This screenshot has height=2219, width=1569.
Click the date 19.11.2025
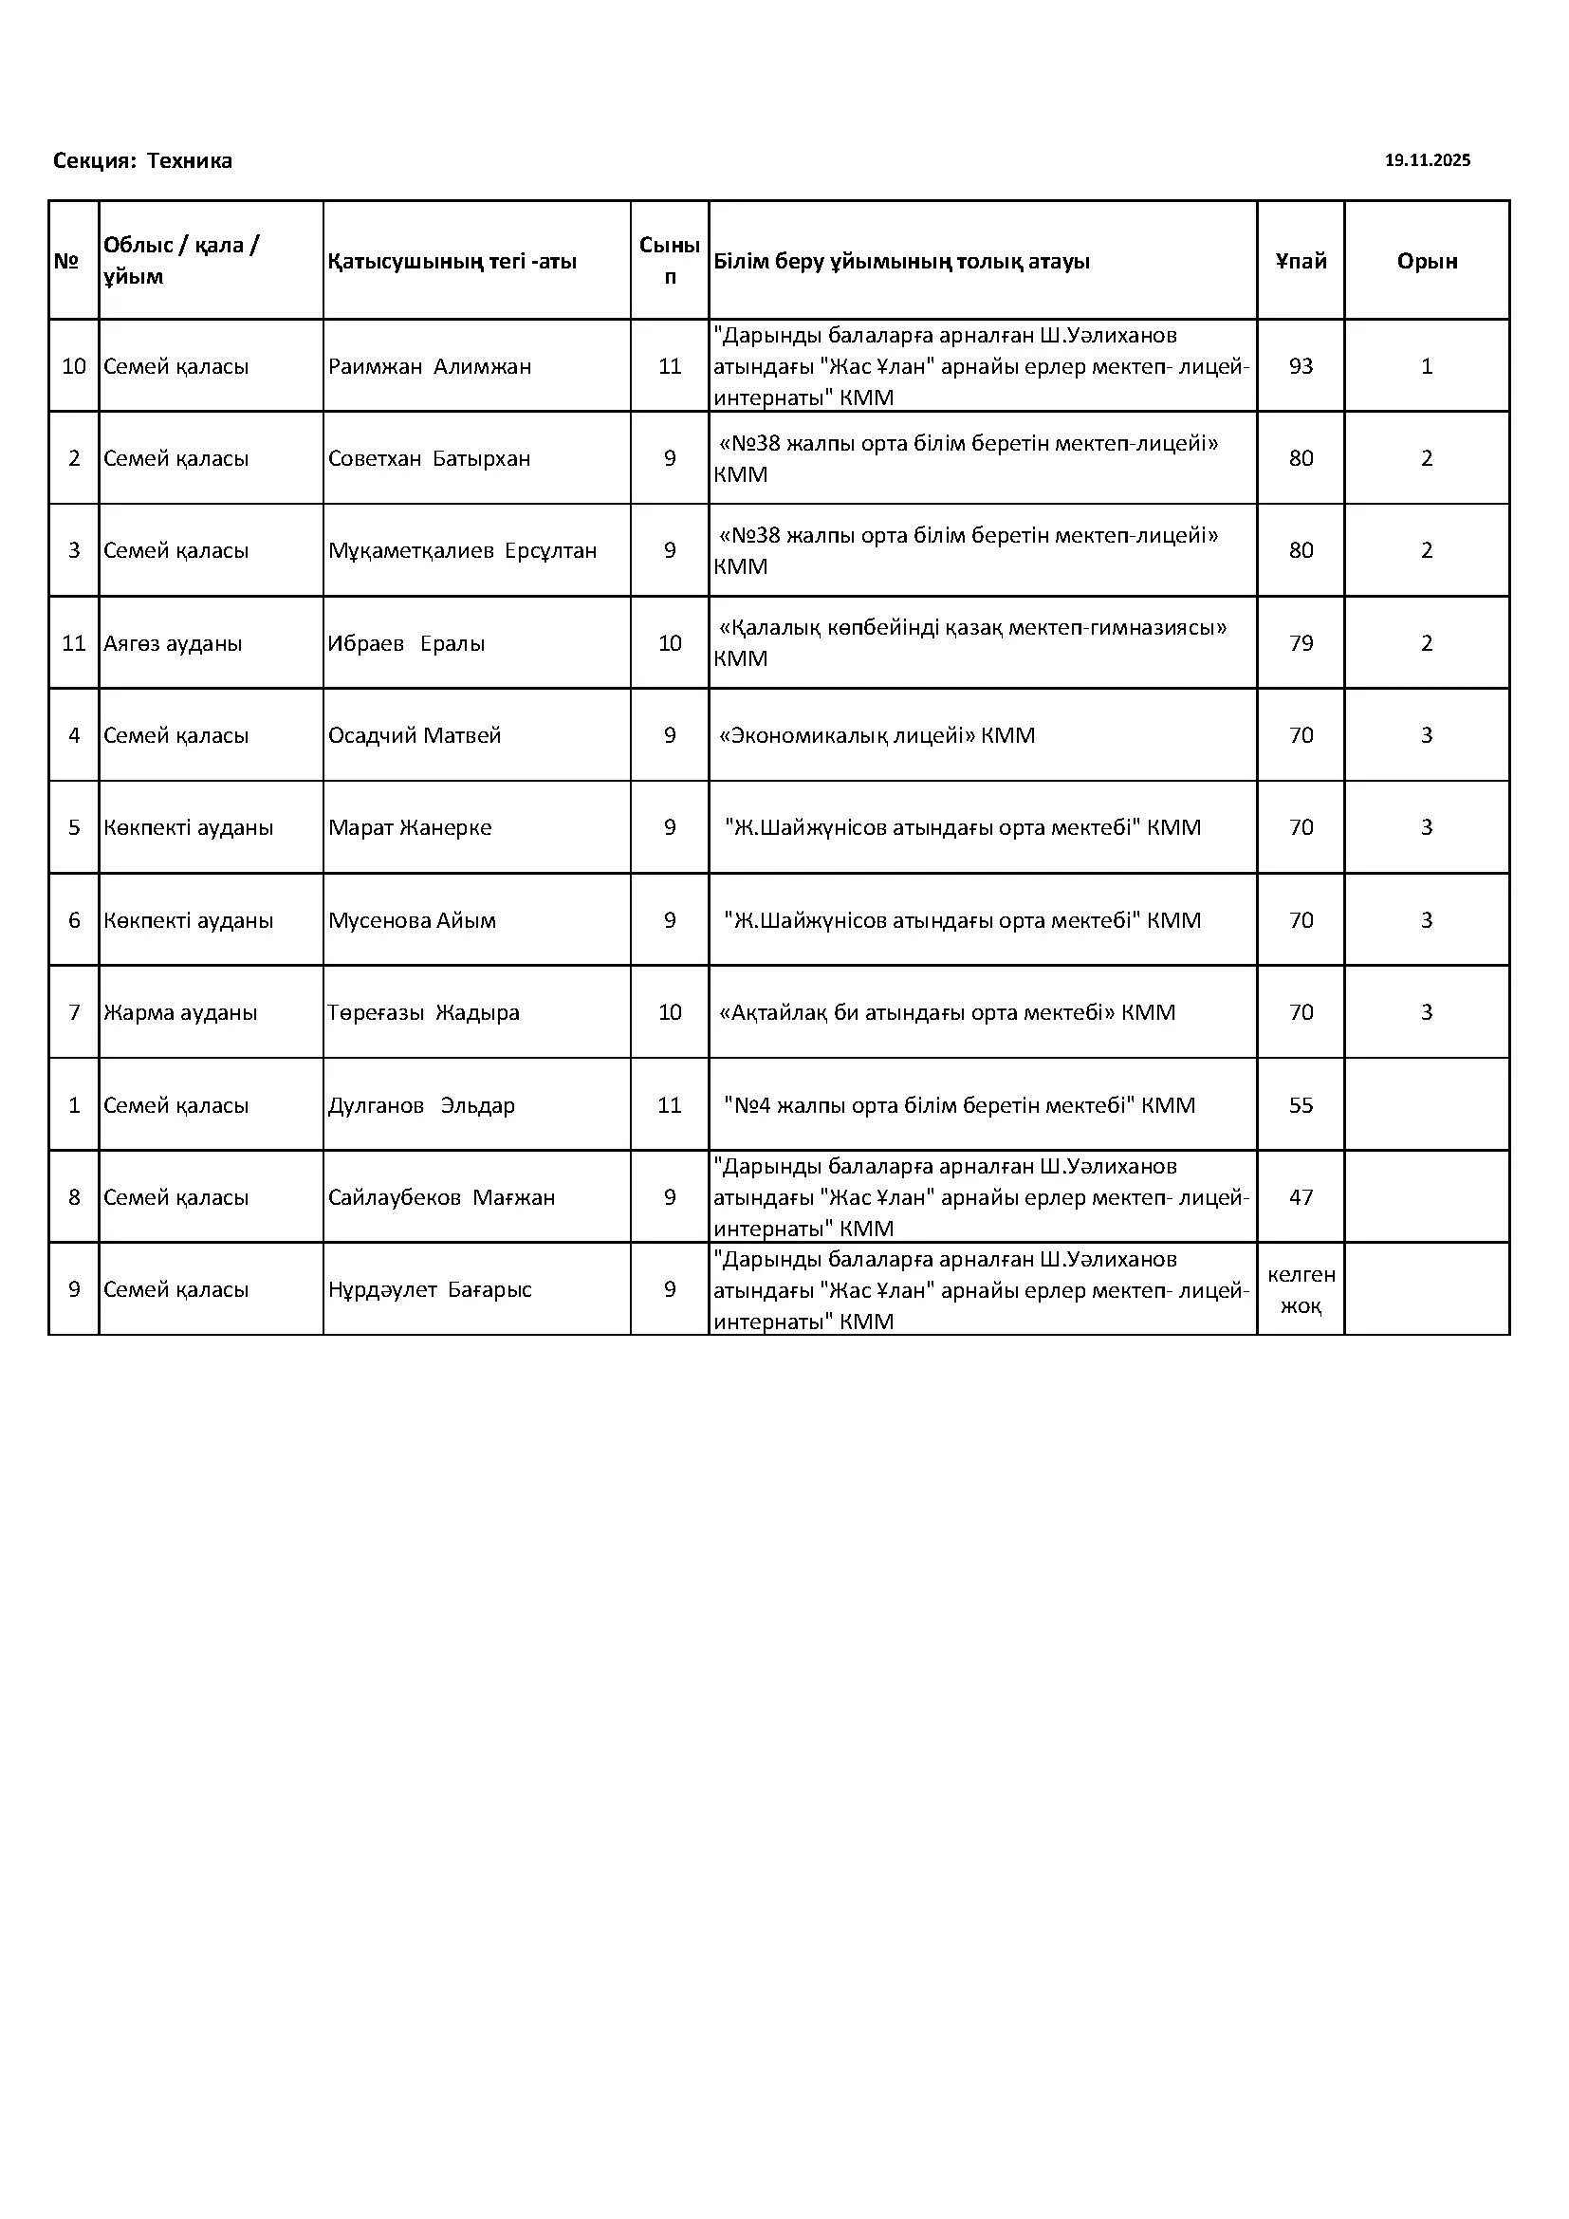(x=1427, y=160)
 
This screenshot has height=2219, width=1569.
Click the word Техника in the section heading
(x=190, y=160)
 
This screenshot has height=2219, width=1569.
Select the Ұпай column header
(x=1301, y=261)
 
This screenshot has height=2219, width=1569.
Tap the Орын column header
(x=1426, y=261)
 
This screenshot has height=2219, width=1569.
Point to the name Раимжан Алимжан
(x=429, y=366)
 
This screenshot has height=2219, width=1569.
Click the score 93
(x=1301, y=366)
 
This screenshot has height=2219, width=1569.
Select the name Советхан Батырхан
(x=429, y=458)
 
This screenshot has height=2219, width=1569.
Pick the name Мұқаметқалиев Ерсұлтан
(x=462, y=550)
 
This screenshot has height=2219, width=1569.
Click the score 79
(x=1301, y=642)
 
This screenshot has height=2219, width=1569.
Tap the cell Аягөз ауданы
(x=172, y=642)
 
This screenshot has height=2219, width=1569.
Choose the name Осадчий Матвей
(x=415, y=735)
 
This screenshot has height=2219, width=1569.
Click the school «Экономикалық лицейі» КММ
(x=877, y=735)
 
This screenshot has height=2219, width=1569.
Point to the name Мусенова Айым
(x=412, y=920)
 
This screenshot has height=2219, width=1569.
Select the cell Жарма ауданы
(x=179, y=1013)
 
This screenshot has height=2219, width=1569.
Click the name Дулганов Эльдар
(x=421, y=1104)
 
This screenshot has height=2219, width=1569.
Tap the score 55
(x=1301, y=1104)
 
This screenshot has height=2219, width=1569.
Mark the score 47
(x=1301, y=1197)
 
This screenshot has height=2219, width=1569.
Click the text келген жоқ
(x=1301, y=1290)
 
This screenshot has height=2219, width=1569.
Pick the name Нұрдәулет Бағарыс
(x=429, y=1289)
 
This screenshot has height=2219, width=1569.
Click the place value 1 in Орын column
(x=1426, y=366)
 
